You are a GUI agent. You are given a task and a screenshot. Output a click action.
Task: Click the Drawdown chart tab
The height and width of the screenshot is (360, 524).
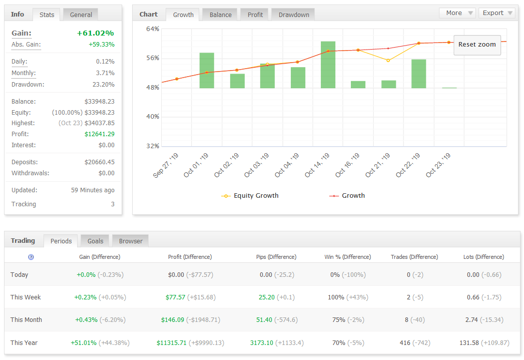[294, 15]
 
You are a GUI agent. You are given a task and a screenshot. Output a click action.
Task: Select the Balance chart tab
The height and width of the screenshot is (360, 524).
[220, 15]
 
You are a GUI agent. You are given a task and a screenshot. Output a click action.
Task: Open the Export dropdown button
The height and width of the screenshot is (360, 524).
[497, 13]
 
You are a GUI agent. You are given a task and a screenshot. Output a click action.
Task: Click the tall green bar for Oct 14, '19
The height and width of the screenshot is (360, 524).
[328, 65]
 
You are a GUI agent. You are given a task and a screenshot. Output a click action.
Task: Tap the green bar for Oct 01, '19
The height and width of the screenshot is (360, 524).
[207, 71]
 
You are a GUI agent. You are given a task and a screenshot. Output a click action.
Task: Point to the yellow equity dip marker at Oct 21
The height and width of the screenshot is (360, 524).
[388, 61]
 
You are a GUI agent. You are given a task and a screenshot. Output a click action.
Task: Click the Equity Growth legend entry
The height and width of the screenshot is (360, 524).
[250, 196]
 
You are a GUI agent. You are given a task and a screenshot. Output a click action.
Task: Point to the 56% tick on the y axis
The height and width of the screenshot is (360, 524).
[153, 58]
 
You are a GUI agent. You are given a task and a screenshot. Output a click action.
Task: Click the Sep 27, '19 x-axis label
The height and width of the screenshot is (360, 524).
[166, 165]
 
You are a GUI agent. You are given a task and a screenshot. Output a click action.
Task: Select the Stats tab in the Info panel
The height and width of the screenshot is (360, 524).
[47, 15]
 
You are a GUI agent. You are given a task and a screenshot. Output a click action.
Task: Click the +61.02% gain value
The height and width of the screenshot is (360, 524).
[95, 33]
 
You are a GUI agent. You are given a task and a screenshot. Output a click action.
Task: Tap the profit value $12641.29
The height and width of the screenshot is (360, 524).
[99, 134]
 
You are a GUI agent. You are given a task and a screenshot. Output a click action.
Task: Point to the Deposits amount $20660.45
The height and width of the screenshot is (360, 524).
[99, 162]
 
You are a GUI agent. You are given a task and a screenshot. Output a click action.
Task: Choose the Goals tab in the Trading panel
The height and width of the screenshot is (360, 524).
[95, 241]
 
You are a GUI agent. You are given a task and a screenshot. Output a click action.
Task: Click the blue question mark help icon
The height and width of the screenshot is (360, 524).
[31, 257]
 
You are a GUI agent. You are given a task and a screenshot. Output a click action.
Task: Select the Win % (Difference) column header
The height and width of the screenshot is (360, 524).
[347, 257]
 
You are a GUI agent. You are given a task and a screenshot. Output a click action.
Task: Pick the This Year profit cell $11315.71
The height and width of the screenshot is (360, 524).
[172, 342]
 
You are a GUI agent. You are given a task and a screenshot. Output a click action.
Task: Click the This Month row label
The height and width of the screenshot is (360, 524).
[26, 320]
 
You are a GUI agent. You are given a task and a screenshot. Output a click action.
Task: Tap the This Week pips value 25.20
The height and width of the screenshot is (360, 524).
[267, 297]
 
